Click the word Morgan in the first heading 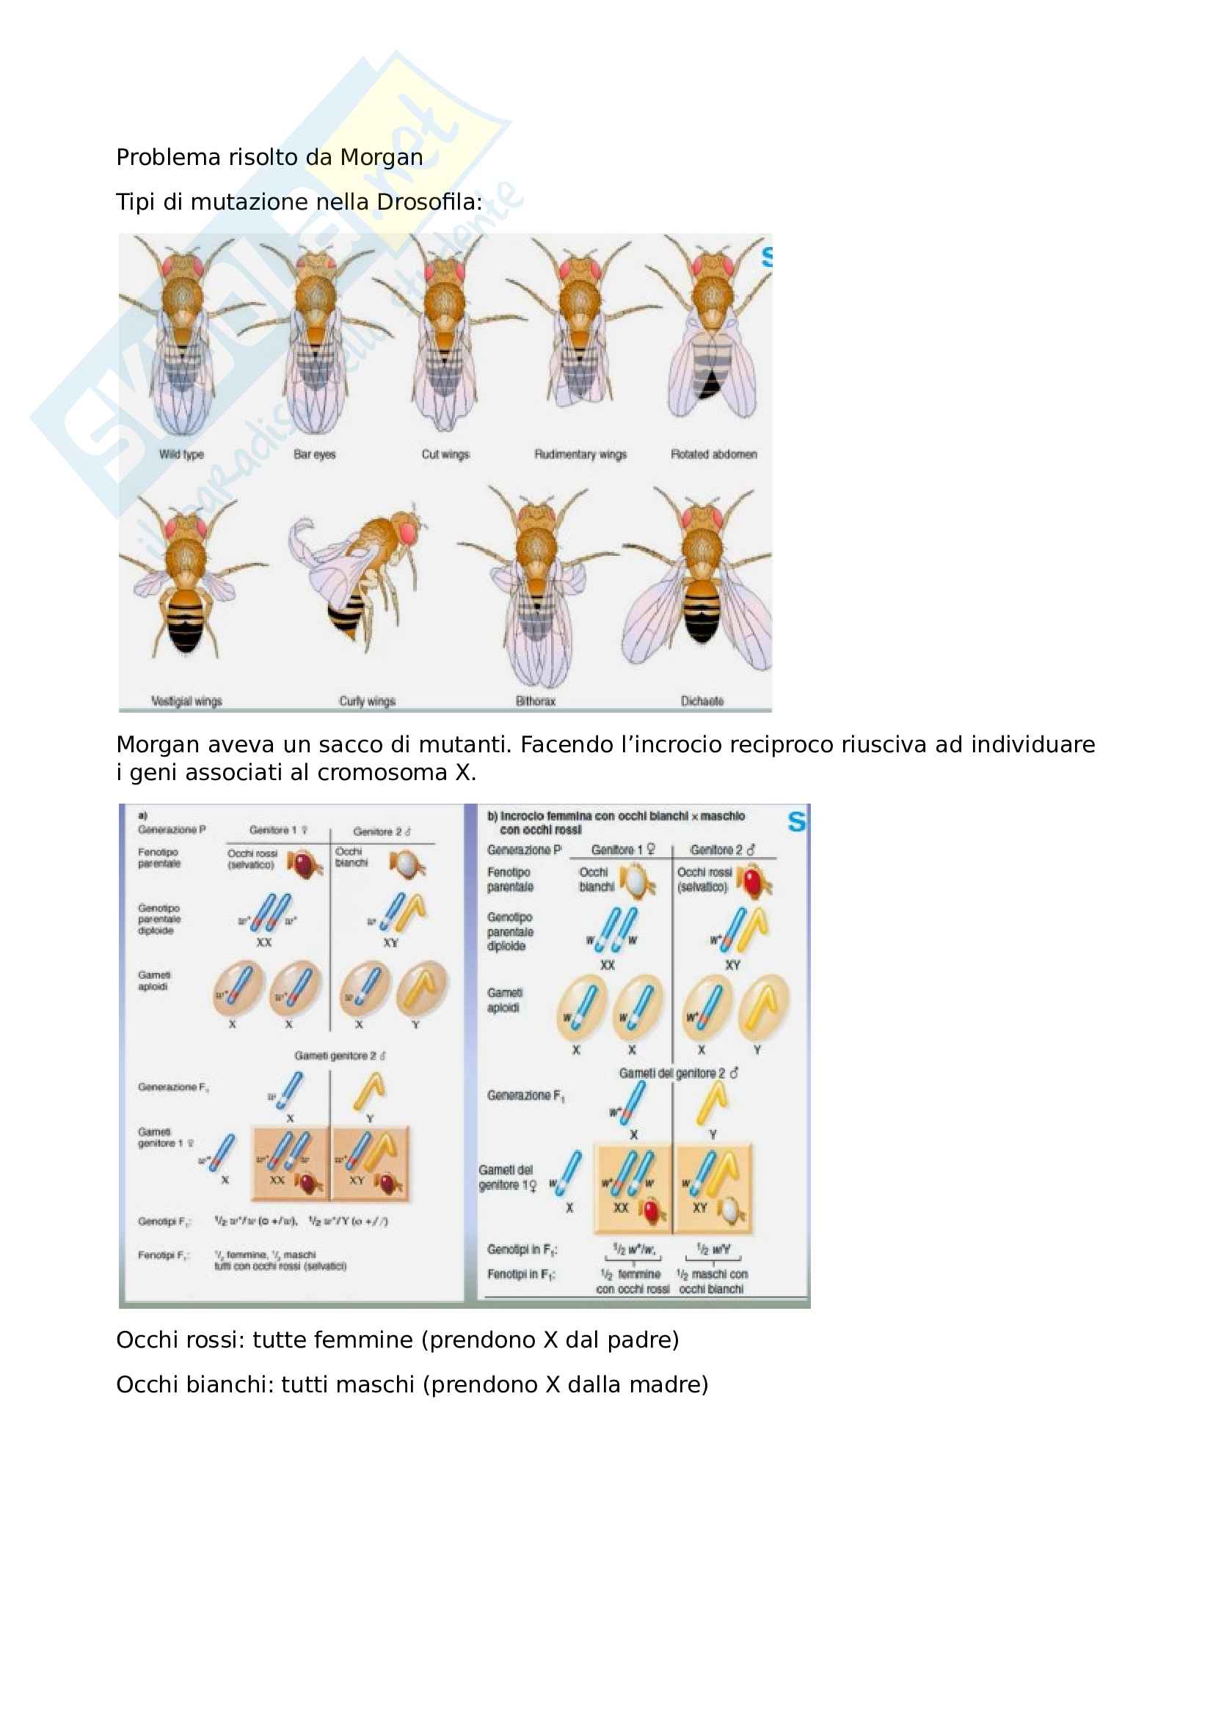(381, 158)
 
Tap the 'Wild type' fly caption (181, 454)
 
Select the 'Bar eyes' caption (315, 454)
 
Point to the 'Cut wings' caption (445, 454)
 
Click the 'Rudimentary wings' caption (580, 454)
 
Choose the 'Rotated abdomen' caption (714, 454)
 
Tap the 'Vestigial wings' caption (187, 702)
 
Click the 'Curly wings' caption (367, 702)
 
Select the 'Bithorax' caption (536, 702)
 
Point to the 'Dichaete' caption (702, 702)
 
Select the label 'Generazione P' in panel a (171, 830)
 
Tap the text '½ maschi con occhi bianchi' (712, 1281)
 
